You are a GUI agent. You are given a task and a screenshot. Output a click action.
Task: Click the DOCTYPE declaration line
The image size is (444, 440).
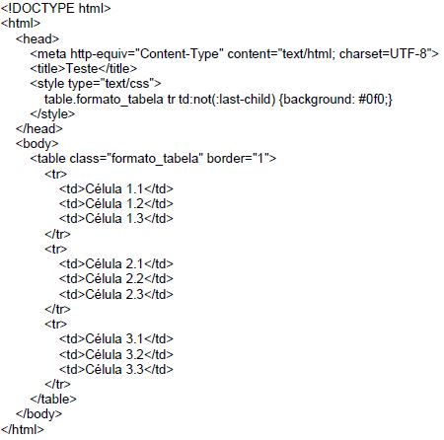(56, 8)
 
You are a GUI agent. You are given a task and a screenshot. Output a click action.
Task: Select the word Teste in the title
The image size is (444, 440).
(82, 68)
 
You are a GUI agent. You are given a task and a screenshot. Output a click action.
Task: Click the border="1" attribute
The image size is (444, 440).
(236, 159)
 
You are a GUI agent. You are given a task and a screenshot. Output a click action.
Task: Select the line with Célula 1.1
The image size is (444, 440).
(116, 188)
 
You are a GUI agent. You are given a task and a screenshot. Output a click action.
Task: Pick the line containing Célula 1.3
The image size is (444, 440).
(116, 218)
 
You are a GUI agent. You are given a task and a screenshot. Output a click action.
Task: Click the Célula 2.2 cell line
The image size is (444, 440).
(116, 278)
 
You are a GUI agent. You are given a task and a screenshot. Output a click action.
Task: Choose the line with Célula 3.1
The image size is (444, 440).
(116, 338)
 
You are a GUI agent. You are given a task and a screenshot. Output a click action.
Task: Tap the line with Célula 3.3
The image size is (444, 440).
(116, 369)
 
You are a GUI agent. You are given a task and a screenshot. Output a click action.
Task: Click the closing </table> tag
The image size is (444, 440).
(53, 399)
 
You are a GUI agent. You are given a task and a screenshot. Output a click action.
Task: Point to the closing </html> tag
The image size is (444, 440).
(23, 429)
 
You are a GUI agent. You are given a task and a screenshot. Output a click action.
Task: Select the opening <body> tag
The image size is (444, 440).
(37, 144)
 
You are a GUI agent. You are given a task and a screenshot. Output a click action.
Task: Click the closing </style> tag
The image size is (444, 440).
(52, 113)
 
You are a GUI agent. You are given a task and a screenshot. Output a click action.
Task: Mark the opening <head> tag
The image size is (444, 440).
(37, 38)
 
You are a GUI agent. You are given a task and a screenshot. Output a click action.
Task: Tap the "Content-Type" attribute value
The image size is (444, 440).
(180, 53)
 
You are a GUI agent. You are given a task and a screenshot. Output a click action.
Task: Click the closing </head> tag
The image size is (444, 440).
(39, 128)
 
